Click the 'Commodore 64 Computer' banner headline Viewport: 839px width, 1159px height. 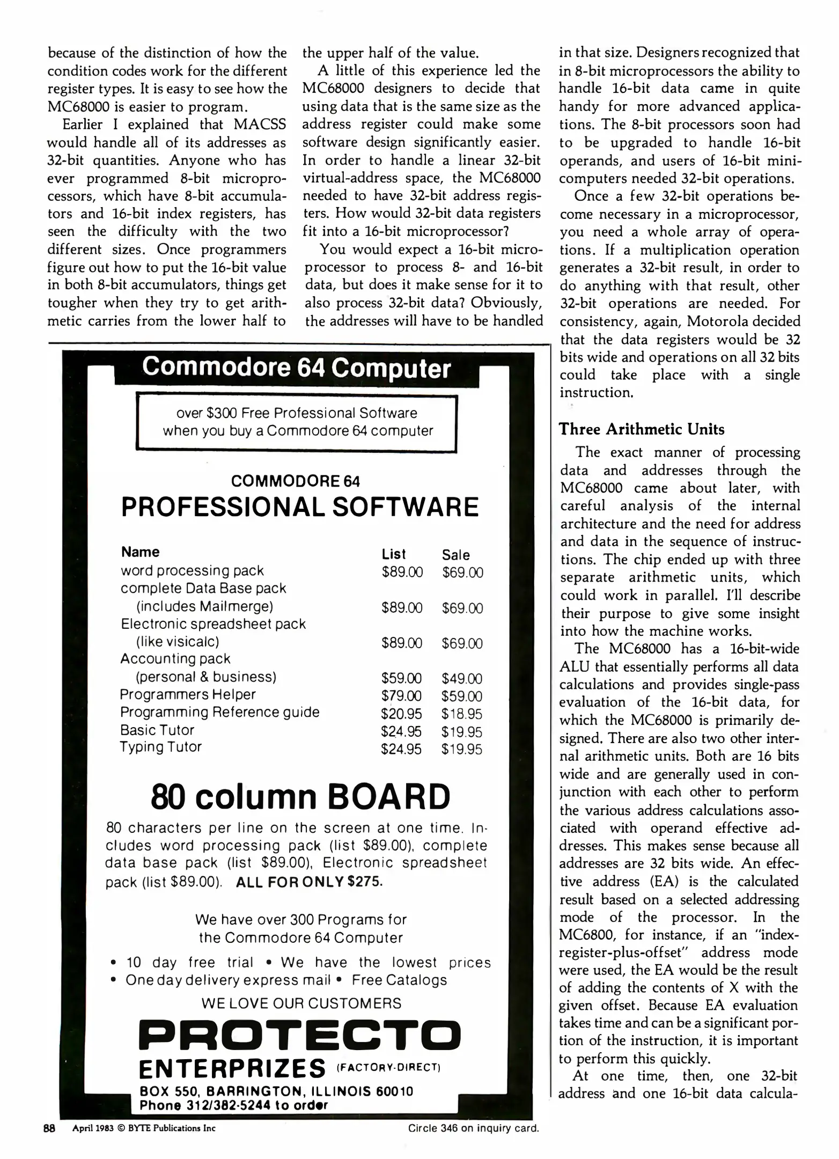click(x=296, y=368)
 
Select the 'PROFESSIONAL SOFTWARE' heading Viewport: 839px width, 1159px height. click(x=300, y=507)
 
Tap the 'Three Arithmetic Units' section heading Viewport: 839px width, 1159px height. click(x=641, y=429)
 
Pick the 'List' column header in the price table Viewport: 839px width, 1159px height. click(x=394, y=554)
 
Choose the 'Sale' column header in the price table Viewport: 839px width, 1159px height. click(x=455, y=555)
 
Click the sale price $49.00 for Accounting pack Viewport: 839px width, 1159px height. click(x=462, y=678)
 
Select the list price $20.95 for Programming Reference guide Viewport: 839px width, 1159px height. click(x=401, y=714)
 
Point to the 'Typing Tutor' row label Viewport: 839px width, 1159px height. click(x=160, y=747)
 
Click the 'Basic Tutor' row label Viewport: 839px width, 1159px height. click(x=157, y=730)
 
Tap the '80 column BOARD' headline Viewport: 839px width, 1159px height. click(x=300, y=797)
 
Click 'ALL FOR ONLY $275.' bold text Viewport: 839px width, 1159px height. click(x=309, y=882)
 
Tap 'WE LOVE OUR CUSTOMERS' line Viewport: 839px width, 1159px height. click(x=301, y=1003)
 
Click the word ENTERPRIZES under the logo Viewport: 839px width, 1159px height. click(x=232, y=1068)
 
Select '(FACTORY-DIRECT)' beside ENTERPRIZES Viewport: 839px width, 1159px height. click(x=388, y=1067)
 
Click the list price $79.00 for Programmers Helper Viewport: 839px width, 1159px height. click(x=401, y=696)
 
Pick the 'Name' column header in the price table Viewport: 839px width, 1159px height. click(x=140, y=552)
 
